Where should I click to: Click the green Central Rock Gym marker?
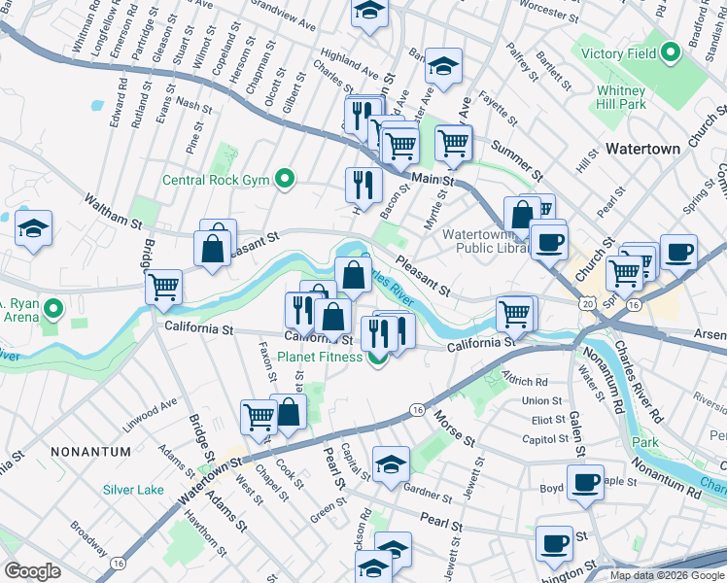click(284, 179)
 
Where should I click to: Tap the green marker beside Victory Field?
click(670, 53)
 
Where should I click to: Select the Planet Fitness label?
click(323, 357)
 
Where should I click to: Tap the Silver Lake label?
click(133, 490)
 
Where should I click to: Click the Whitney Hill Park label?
click(621, 96)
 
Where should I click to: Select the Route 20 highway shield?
click(586, 304)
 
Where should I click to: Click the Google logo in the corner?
click(32, 570)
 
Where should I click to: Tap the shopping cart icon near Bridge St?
click(163, 287)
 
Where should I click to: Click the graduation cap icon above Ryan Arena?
click(33, 228)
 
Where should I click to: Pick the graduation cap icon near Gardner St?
click(391, 463)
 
